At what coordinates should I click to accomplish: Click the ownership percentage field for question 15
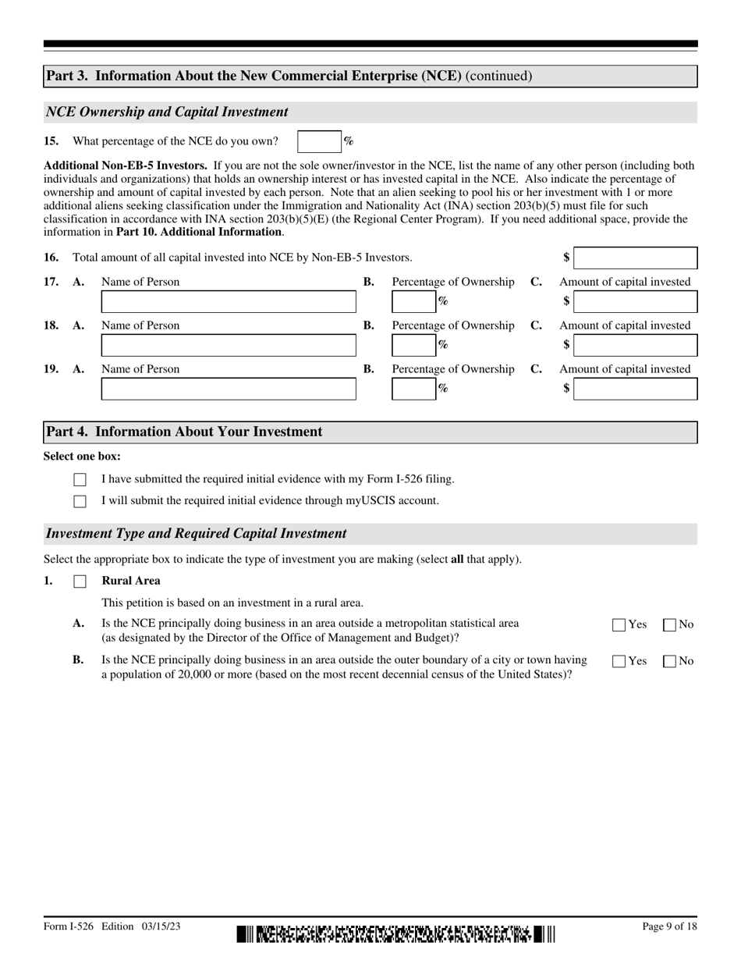click(x=319, y=141)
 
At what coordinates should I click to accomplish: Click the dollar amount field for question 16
click(x=635, y=258)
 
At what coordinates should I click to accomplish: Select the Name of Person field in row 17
click(x=229, y=301)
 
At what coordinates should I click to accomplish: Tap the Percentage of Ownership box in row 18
click(x=413, y=345)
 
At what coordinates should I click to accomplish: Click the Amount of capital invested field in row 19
click(x=635, y=389)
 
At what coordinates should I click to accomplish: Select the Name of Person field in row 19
click(x=229, y=389)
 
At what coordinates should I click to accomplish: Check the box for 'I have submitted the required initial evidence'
click(x=80, y=480)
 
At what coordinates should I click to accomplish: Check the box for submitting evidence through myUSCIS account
click(x=80, y=501)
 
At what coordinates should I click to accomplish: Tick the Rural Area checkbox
click(x=80, y=581)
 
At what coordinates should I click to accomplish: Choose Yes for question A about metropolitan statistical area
click(x=619, y=624)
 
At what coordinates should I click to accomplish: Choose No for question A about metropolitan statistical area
click(x=669, y=624)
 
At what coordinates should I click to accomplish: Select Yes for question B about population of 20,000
click(x=619, y=661)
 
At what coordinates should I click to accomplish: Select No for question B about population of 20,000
click(x=669, y=661)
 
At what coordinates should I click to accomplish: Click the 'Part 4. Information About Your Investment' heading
click(x=184, y=432)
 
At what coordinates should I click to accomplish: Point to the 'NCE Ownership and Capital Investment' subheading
click(x=167, y=112)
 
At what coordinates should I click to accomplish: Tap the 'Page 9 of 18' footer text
click(x=669, y=926)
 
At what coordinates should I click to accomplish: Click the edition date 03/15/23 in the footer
click(x=161, y=926)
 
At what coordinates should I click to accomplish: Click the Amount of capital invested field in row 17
click(x=635, y=301)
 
